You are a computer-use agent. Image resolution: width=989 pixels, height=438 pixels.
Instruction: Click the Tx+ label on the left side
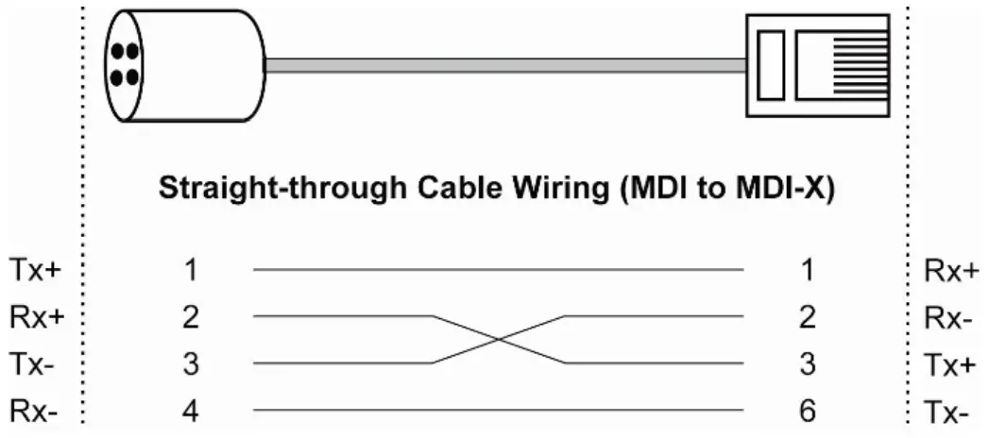tap(35, 271)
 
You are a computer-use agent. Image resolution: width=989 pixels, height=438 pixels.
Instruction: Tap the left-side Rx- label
tap(35, 411)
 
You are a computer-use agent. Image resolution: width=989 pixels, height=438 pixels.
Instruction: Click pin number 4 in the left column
tap(191, 411)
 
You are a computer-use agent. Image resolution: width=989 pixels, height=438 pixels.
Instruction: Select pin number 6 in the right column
tap(806, 411)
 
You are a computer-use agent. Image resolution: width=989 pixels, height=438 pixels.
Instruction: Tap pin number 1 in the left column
tap(191, 271)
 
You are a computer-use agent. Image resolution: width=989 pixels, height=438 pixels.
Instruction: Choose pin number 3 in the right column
tap(806, 363)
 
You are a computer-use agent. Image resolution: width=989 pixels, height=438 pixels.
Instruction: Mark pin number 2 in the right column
tap(806, 317)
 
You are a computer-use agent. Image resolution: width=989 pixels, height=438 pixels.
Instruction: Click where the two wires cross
tap(499, 340)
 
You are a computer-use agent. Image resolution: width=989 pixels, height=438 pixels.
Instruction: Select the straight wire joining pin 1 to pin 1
tap(499, 270)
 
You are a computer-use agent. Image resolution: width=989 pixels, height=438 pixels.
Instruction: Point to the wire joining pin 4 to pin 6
tap(499, 411)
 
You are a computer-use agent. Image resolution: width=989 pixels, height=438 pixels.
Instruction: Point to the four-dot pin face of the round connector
tap(125, 62)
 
